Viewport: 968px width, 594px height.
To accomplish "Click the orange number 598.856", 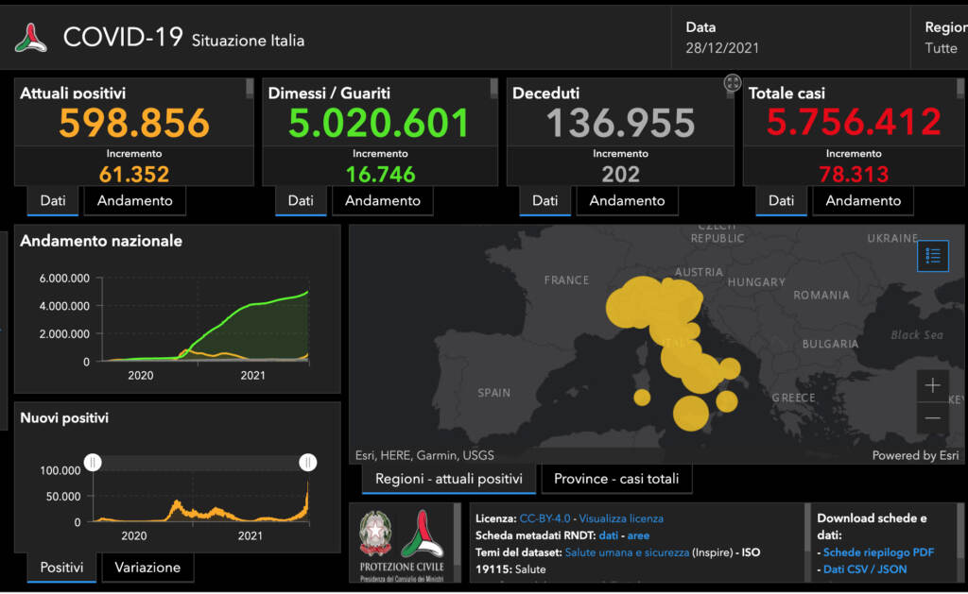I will coord(134,123).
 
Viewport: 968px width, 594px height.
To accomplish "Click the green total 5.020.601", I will coord(378,123).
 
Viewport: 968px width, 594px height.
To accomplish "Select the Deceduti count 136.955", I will coord(620,123).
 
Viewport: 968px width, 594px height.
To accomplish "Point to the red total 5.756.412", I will coord(854,123).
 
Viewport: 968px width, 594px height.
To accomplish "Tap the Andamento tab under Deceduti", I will coord(627,200).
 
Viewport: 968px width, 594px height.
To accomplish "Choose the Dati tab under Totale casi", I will coord(781,200).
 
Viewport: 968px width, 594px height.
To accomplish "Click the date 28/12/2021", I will coord(722,47).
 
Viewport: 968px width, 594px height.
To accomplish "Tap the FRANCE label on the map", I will coord(566,280).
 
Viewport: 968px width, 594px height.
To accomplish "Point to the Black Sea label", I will coord(916,335).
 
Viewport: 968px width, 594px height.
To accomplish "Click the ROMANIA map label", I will coord(821,296).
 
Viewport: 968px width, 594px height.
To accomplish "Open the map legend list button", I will coord(932,256).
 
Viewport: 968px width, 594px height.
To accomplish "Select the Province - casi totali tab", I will coord(616,479).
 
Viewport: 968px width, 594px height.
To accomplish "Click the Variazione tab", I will coord(147,567).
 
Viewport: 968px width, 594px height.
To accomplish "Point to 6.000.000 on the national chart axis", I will coord(64,279).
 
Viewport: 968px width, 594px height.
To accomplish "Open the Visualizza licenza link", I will coord(621,518).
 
